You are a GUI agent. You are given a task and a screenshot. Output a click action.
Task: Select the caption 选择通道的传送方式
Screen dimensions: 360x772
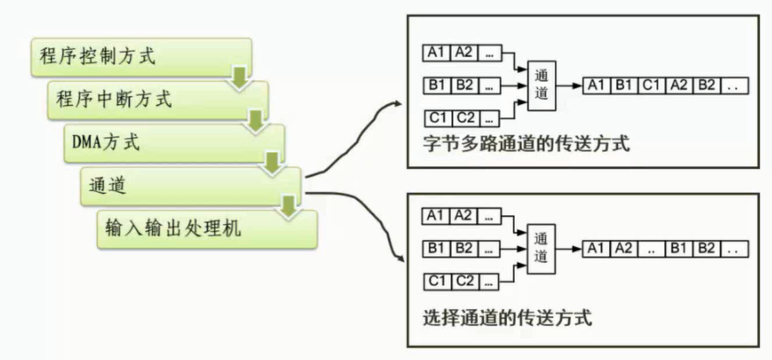coord(509,316)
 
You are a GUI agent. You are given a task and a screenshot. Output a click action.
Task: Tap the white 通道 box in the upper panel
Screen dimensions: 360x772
coord(541,84)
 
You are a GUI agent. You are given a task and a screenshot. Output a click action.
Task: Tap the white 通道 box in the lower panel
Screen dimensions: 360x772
coord(541,248)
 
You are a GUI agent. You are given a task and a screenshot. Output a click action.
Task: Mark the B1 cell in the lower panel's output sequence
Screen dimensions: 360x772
coord(680,249)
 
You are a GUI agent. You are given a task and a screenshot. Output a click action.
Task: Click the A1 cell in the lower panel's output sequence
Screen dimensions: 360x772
coord(597,249)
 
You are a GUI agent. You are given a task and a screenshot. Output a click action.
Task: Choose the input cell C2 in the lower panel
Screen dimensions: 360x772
coord(464,282)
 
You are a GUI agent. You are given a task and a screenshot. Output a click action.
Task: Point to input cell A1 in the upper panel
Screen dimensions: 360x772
coord(436,52)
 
